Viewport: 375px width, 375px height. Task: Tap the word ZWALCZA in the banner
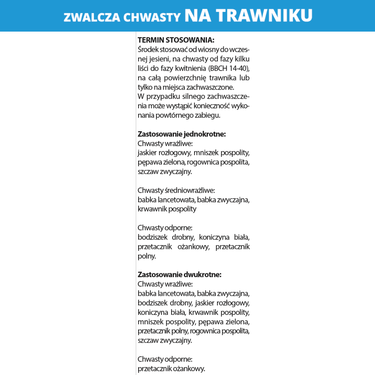coord(92,17)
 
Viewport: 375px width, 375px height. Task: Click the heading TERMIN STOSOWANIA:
coord(176,40)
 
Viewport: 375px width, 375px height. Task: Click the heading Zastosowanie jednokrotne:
coord(182,134)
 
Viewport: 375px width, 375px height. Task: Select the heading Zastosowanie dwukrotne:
coord(180,275)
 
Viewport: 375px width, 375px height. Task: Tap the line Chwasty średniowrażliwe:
coord(176,190)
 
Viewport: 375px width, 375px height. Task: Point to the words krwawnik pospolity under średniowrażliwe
coord(167,209)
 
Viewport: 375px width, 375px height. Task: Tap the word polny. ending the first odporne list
coord(147,257)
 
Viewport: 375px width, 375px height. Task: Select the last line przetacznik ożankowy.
coord(171,369)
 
